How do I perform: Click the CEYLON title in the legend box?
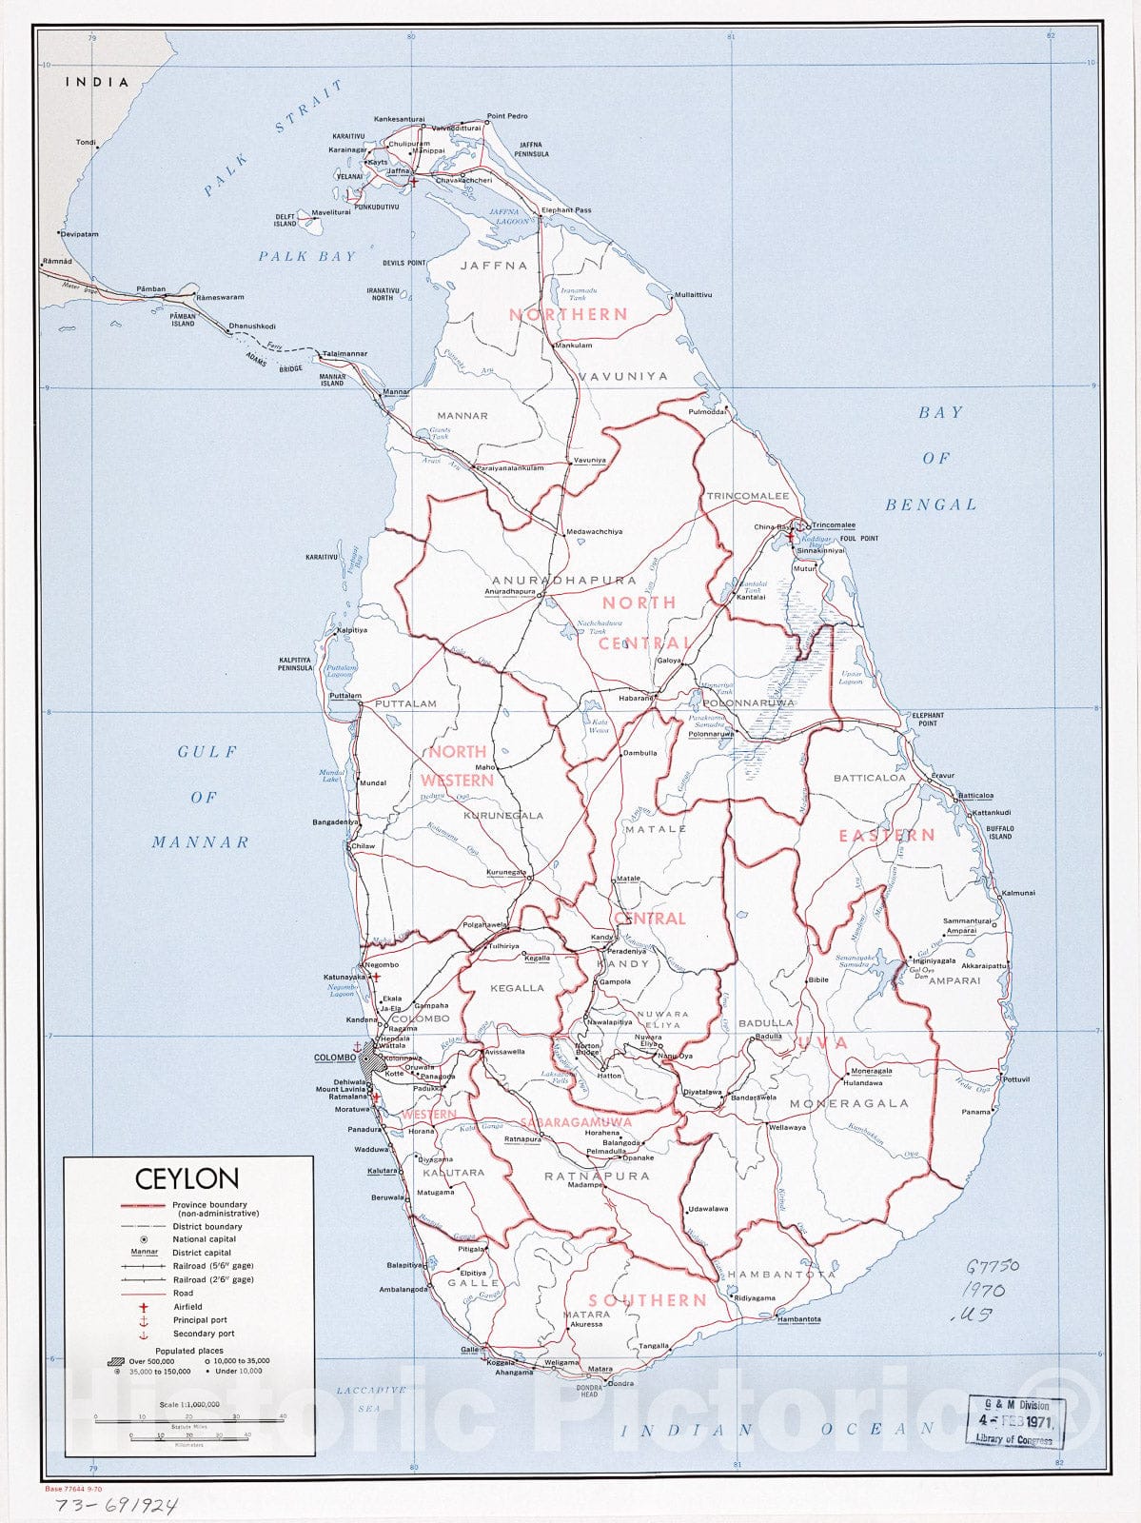(x=187, y=1178)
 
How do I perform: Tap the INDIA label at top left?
(x=96, y=82)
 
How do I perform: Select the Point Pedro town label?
(x=507, y=116)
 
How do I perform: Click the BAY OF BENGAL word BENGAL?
(x=931, y=504)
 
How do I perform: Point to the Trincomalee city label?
(x=834, y=525)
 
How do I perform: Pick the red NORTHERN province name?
(x=568, y=314)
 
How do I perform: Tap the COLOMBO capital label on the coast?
(x=335, y=1058)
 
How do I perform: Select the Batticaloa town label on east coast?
(x=975, y=796)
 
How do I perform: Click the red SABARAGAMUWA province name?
(x=576, y=1122)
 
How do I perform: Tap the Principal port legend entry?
(x=200, y=1320)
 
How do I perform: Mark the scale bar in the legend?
(x=189, y=1418)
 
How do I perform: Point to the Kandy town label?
(x=600, y=938)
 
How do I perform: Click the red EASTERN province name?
(x=886, y=835)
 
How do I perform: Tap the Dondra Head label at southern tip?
(x=590, y=1392)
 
